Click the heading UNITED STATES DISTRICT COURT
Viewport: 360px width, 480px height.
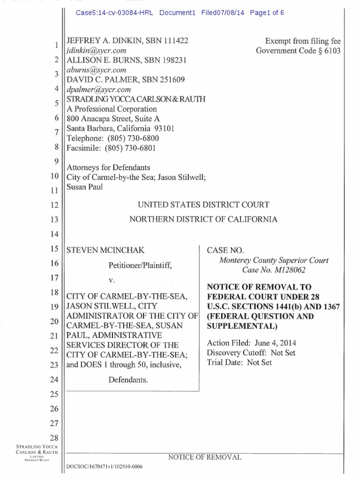(x=203, y=205)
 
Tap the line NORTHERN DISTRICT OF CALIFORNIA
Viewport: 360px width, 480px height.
(x=203, y=219)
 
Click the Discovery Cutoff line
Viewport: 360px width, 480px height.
(x=251, y=352)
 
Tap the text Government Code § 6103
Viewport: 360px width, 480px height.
(x=298, y=51)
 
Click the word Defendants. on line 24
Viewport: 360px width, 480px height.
(x=128, y=380)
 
